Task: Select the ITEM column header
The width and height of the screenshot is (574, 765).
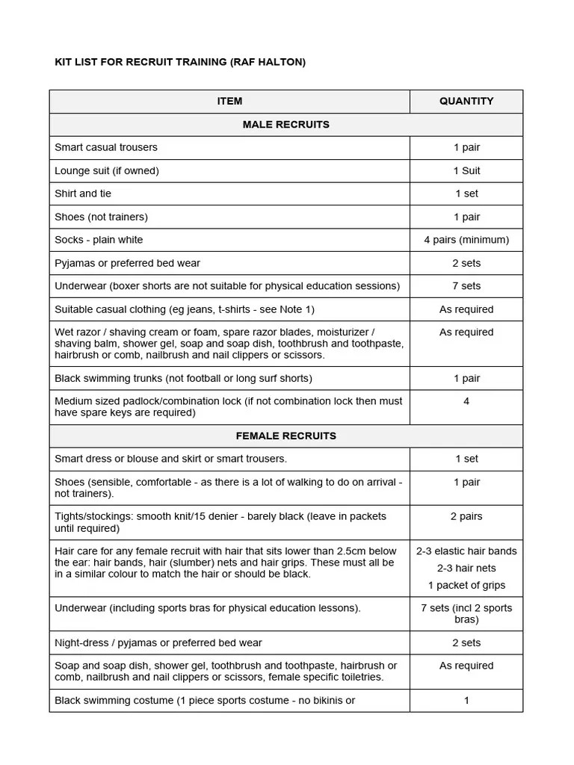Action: pyautogui.click(x=229, y=101)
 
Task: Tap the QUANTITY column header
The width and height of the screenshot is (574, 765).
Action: pyautogui.click(x=466, y=101)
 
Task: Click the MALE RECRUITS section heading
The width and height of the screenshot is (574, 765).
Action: pyautogui.click(x=286, y=124)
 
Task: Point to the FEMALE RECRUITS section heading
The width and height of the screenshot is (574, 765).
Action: pyautogui.click(x=286, y=436)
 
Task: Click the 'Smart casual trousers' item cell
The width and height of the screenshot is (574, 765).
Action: pyautogui.click(x=106, y=147)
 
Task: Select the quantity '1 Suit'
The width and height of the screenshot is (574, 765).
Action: pyautogui.click(x=466, y=170)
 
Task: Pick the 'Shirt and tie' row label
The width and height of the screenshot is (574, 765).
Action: pyautogui.click(x=83, y=193)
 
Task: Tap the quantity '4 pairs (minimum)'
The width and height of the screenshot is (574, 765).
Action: pyautogui.click(x=466, y=240)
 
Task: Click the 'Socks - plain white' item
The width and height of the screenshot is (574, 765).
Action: pyautogui.click(x=99, y=240)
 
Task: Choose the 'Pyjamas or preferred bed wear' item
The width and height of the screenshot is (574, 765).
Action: pyautogui.click(x=127, y=263)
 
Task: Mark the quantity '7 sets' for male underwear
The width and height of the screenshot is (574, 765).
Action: pyautogui.click(x=466, y=286)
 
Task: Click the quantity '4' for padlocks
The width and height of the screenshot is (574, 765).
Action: pyautogui.click(x=466, y=401)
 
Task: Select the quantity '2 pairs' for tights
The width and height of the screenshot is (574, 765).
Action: pyautogui.click(x=466, y=516)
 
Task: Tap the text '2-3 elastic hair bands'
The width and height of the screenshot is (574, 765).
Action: pyautogui.click(x=466, y=551)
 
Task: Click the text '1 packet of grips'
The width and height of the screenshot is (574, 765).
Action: pyautogui.click(x=466, y=585)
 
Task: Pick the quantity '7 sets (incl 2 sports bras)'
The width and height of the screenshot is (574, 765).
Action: pyautogui.click(x=466, y=613)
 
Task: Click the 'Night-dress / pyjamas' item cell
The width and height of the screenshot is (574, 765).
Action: pyautogui.click(x=158, y=642)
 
